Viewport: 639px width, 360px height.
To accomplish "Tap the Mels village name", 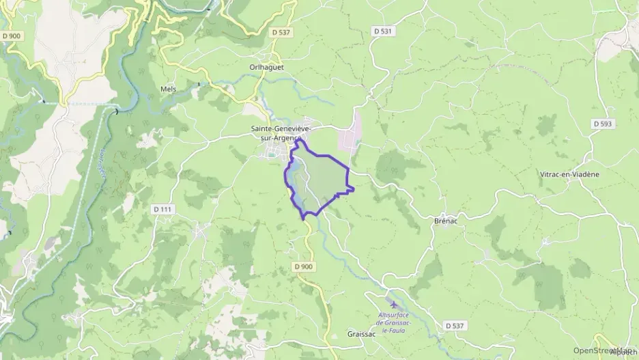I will point(168,89).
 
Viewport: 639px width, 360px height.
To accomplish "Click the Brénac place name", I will point(444,221).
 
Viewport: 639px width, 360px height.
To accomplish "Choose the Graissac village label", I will point(361,334).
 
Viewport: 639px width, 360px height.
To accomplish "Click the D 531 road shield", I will point(383,31).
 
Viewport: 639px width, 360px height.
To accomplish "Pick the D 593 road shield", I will point(602,124).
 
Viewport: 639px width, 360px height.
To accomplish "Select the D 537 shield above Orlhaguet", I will point(280,32).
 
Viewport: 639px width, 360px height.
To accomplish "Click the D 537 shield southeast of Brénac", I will point(455,326).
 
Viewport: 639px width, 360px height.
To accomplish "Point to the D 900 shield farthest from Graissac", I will point(11,36).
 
